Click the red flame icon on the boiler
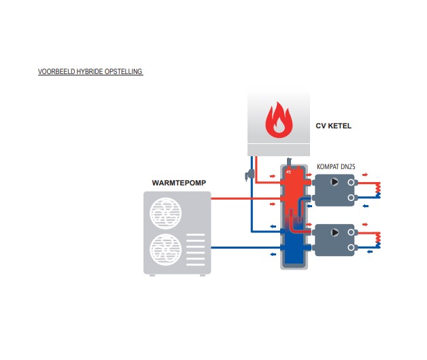pos(279,120)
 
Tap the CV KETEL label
pos(333,126)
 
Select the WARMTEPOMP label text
pos(179,183)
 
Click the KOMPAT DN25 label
pos(336,166)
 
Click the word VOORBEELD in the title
pos(56,71)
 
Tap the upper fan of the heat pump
pos(166,213)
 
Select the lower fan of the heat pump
pos(166,249)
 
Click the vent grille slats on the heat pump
pos(195,249)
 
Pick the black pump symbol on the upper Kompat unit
pos(335,182)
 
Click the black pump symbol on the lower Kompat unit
pos(335,232)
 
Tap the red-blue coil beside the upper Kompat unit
pos(378,190)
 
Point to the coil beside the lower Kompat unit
pos(378,240)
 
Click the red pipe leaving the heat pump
pos(245,198)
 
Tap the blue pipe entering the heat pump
pos(245,248)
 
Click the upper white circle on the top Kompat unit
pos(351,182)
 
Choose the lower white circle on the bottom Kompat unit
pos(351,248)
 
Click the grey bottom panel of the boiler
pos(279,150)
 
